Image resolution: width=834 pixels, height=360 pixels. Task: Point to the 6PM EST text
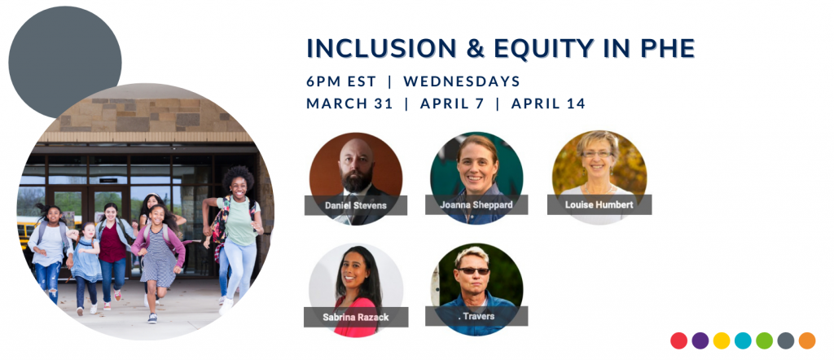tap(341, 81)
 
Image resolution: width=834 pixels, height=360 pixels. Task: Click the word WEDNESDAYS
tap(462, 81)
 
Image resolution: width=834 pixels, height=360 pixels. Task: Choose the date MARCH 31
tap(349, 103)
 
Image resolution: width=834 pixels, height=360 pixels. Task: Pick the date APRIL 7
tap(452, 103)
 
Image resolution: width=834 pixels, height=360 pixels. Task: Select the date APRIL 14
tap(548, 103)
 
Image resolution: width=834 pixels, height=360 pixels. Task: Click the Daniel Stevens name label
tap(356, 205)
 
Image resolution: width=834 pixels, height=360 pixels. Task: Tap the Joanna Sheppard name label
tap(476, 204)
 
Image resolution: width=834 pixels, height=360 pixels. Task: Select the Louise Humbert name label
tap(599, 204)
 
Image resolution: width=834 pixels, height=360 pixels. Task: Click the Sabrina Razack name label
tap(356, 317)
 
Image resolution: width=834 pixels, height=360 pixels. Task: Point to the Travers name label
tap(476, 316)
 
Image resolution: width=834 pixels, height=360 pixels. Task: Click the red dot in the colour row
tap(678, 340)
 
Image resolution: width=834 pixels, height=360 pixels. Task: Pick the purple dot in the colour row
tap(700, 340)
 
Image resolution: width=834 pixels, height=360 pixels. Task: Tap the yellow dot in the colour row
tap(722, 340)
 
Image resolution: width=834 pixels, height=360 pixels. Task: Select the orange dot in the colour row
tap(807, 340)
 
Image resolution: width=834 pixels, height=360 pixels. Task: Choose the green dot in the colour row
tap(764, 340)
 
